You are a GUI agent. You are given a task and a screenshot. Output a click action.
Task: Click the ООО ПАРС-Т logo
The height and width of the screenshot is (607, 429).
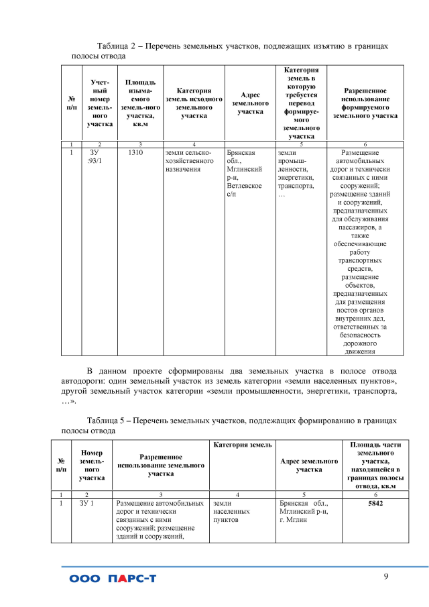point(112,579)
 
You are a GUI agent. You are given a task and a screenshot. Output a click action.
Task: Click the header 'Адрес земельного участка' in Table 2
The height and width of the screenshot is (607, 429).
point(250,103)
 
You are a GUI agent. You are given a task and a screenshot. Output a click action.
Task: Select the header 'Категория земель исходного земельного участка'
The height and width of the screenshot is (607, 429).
point(194,103)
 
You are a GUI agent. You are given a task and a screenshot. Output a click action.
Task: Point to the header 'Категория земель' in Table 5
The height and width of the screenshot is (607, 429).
point(243,445)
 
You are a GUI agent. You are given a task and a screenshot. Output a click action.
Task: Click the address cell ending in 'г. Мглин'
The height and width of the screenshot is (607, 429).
point(301,511)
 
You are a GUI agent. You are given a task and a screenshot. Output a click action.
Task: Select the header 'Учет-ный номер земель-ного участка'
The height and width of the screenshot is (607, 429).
point(100,103)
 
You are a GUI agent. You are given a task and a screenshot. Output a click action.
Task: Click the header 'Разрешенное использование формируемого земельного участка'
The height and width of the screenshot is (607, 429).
point(365,103)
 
